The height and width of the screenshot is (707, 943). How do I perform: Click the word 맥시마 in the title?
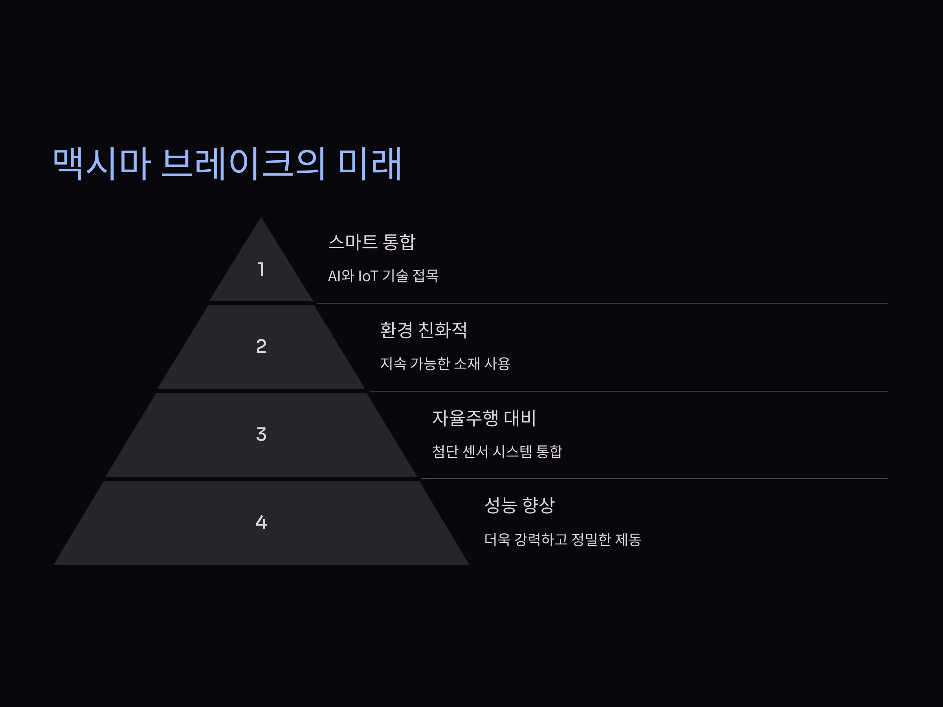tap(101, 164)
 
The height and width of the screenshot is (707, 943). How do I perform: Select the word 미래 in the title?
tap(370, 164)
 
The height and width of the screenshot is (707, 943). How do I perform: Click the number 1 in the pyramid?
tap(261, 269)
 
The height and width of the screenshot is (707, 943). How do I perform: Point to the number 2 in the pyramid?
tap(261, 346)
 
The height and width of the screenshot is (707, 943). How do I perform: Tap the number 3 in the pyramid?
tap(261, 434)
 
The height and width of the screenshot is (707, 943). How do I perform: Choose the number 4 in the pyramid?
tap(261, 522)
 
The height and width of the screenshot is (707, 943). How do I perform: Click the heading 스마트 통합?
tap(371, 242)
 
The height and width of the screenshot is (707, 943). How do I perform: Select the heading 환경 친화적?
tap(423, 330)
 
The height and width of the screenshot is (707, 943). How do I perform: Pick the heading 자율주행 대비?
tap(484, 418)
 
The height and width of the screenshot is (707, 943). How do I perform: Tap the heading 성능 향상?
tap(519, 506)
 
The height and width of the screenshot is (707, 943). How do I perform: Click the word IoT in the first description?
tap(368, 276)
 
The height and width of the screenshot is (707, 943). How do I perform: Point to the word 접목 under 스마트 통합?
tap(426, 276)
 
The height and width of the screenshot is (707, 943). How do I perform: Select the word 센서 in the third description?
tap(475, 452)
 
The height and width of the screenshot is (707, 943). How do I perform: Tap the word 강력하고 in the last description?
tap(541, 540)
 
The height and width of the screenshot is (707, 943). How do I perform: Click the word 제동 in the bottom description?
tap(628, 540)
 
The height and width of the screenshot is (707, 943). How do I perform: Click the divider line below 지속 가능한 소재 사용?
tap(628, 391)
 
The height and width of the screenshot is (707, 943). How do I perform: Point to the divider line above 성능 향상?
tap(654, 478)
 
